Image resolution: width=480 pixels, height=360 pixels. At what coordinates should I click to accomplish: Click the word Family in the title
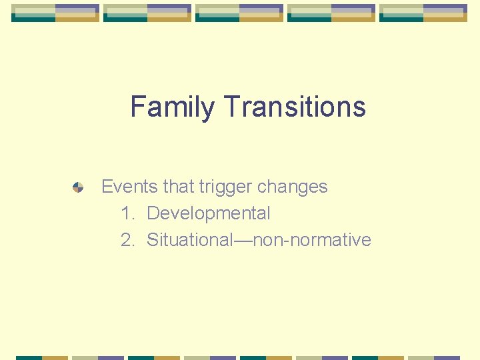pyautogui.click(x=173, y=107)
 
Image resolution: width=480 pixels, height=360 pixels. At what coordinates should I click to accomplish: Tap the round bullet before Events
pyautogui.click(x=78, y=188)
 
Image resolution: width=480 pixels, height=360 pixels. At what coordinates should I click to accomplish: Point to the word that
pyautogui.click(x=178, y=187)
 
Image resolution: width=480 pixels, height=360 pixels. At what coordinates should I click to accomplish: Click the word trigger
pyautogui.click(x=225, y=187)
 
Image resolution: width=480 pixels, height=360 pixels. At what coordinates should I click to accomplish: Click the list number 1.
pyautogui.click(x=127, y=213)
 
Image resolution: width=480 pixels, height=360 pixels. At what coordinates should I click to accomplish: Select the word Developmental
pyautogui.click(x=208, y=214)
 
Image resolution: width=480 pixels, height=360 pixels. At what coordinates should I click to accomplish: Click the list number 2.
pyautogui.click(x=127, y=240)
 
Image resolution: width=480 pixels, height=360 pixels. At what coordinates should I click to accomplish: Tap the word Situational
pyautogui.click(x=189, y=240)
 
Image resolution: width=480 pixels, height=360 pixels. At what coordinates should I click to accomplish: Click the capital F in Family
pyautogui.click(x=137, y=107)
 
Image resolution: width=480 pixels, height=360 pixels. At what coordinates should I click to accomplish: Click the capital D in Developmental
pyautogui.click(x=153, y=213)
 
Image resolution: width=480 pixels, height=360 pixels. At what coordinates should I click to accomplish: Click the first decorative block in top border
pyautogui.click(x=55, y=13)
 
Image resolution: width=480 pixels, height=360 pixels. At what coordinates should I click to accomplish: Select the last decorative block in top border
pyautogui.click(x=423, y=13)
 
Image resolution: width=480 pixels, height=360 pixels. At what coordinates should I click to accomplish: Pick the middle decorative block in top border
pyautogui.click(x=239, y=13)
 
